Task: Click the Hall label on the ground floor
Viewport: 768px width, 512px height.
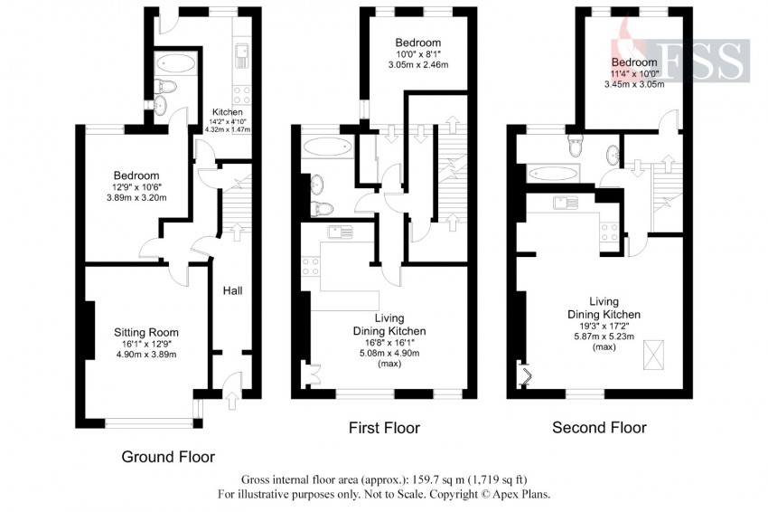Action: (232, 290)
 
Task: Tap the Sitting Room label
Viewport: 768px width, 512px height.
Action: (146, 333)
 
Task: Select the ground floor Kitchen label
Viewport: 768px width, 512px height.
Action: (228, 112)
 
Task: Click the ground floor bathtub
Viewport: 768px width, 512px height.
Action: (176, 63)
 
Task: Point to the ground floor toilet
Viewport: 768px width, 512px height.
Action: (165, 86)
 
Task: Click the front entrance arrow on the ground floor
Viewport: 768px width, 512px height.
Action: (232, 401)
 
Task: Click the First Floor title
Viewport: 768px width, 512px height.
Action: (385, 428)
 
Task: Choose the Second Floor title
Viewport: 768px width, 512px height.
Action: (600, 428)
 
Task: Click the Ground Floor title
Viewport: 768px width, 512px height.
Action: (168, 457)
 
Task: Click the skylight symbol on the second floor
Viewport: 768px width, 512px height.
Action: (653, 356)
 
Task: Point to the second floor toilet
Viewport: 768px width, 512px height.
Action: (575, 144)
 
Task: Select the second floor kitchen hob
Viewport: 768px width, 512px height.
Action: (610, 232)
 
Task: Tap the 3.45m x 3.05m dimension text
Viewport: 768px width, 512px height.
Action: (633, 84)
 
